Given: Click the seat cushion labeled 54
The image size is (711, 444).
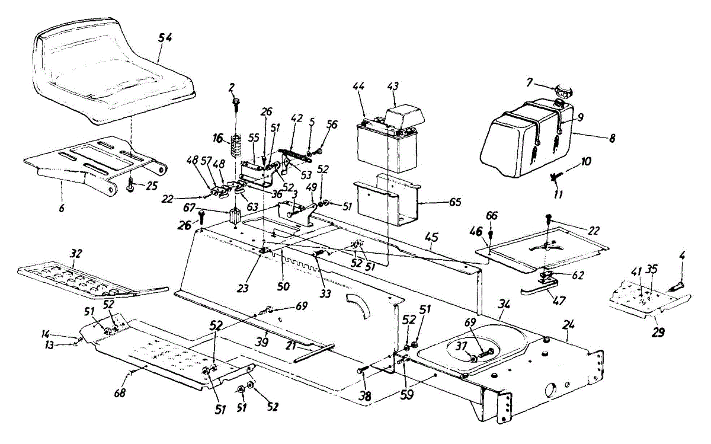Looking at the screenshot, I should coord(113,77).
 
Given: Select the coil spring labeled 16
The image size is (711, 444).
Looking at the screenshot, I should coord(236,145).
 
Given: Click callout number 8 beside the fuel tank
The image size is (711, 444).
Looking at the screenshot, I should coord(612,138).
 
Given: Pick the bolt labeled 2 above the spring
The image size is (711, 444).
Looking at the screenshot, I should coord(234,106).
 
